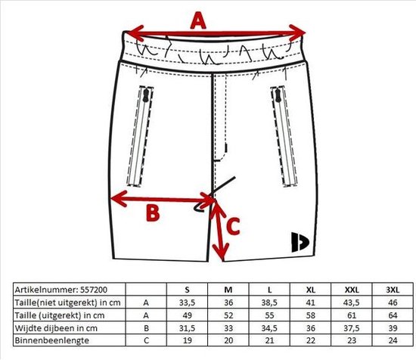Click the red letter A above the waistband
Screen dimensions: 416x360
(x=198, y=20)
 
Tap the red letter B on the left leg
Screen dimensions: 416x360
(x=153, y=213)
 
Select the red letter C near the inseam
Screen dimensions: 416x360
(x=233, y=226)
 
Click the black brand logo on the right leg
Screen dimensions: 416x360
(x=300, y=242)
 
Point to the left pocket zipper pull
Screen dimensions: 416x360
(x=146, y=95)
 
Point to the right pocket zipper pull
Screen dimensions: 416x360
(x=278, y=95)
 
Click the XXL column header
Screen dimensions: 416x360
(x=352, y=290)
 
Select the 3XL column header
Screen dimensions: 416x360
(x=393, y=290)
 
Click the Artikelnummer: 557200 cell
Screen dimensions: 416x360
(x=61, y=290)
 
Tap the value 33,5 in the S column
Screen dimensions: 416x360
(x=187, y=303)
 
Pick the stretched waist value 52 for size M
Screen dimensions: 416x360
(x=228, y=315)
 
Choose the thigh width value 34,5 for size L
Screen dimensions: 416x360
(x=269, y=328)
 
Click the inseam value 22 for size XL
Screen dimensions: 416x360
(x=310, y=340)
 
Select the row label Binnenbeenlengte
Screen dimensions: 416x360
(x=52, y=340)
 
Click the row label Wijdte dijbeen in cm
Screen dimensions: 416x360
(x=56, y=328)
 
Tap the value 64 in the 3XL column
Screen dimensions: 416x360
(x=393, y=315)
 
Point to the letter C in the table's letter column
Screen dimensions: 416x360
(x=146, y=340)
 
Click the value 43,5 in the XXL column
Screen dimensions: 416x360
(x=352, y=303)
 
